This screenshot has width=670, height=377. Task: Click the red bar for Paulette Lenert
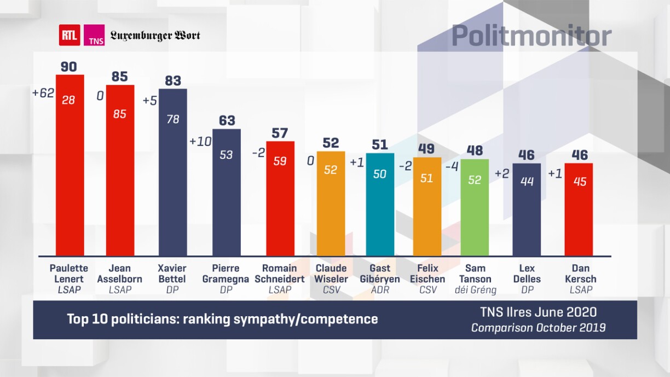coord(70,164)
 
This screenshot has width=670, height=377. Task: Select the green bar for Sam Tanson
coord(475,208)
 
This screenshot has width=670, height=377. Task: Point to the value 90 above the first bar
coord(69,67)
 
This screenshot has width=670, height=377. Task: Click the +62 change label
coord(43,93)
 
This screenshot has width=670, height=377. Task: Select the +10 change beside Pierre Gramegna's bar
coord(200,141)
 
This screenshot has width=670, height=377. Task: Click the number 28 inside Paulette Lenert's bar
coord(69,100)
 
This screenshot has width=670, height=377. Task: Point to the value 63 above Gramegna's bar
coord(227,120)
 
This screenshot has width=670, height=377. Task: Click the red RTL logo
coord(70,36)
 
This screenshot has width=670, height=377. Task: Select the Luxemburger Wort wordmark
coord(155,36)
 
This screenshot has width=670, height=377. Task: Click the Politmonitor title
coord(532,36)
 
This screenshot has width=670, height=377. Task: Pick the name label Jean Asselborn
coord(119,274)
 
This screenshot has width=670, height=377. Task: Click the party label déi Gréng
coord(475,290)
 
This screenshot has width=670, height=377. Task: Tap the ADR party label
coord(380,290)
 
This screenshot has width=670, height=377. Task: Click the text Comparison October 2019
coord(538,328)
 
